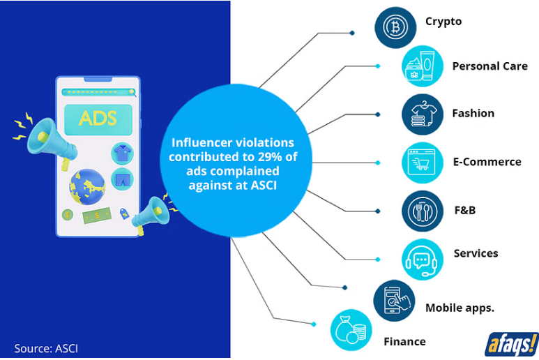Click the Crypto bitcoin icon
(395, 27)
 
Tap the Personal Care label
(489, 66)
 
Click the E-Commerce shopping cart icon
(423, 163)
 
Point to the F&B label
(464, 209)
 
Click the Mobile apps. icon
(394, 301)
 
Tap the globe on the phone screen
(87, 186)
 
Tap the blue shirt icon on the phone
(123, 153)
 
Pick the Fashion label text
(473, 113)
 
